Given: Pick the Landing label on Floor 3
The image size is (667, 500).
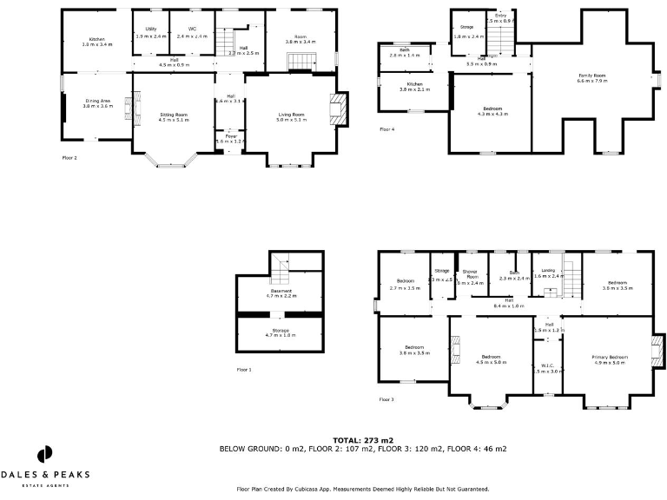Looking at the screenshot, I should click(x=549, y=273).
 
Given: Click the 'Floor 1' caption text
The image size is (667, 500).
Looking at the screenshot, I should click(x=244, y=370).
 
